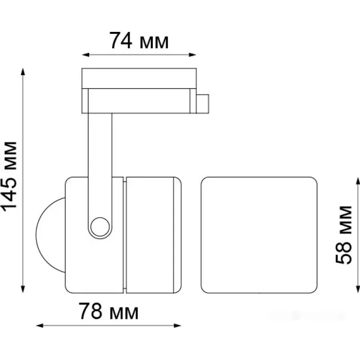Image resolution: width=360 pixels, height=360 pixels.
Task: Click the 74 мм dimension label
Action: [x=139, y=41]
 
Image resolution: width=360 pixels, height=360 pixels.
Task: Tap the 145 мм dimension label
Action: [x=9, y=176]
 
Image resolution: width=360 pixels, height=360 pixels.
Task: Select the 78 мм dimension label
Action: [x=109, y=311]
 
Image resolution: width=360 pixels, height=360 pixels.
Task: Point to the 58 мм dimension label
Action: [x=344, y=235]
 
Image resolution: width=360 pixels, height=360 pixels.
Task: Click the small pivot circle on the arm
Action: [x=100, y=227]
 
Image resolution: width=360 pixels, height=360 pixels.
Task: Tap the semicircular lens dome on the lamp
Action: [x=50, y=235]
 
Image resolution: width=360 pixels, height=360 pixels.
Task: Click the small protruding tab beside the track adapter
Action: [x=203, y=104]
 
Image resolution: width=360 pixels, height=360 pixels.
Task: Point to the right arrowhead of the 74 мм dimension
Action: [x=192, y=55]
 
